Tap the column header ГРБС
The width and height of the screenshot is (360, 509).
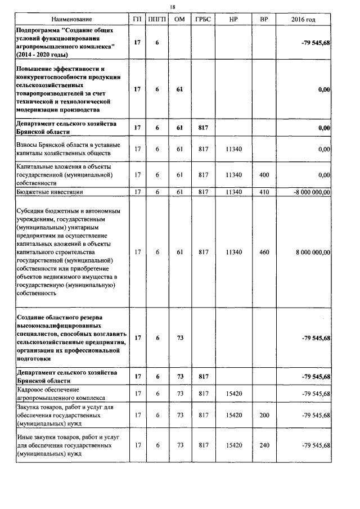202,19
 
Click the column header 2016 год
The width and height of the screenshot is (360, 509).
303,19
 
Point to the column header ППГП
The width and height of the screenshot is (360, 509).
157,19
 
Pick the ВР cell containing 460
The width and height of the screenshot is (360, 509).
264,253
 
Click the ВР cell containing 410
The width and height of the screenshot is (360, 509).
264,192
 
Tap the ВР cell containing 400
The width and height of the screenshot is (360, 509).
264,175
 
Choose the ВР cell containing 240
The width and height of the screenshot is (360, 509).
264,445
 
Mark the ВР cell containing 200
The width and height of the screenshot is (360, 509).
264,415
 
